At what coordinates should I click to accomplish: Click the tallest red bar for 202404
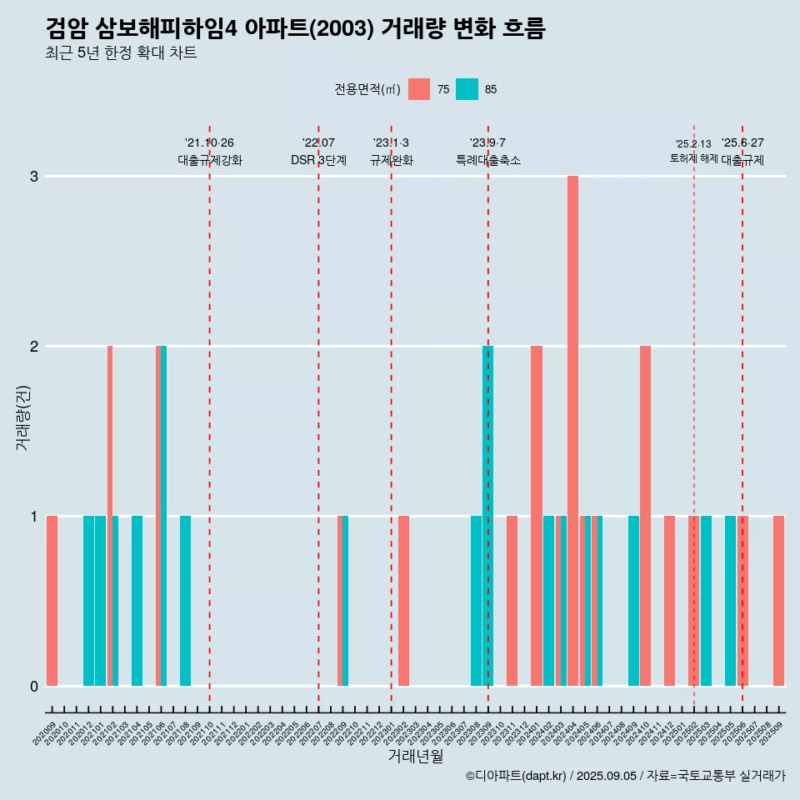[x=572, y=430]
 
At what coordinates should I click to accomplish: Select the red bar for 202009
[x=52, y=600]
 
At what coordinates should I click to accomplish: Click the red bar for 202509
[x=778, y=600]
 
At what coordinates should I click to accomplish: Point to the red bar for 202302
[x=403, y=600]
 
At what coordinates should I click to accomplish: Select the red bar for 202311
[x=512, y=600]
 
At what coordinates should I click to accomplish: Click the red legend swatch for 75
[x=419, y=89]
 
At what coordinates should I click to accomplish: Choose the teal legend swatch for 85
[x=467, y=89]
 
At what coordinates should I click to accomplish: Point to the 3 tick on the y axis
[x=34, y=177]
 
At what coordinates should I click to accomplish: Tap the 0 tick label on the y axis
[x=34, y=686]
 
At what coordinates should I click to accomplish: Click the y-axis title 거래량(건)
[x=22, y=417]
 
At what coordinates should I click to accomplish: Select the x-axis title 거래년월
[x=415, y=756]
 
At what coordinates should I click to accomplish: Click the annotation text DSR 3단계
[x=318, y=160]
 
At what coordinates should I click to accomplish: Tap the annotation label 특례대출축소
[x=488, y=160]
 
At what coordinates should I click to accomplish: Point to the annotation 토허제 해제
[x=693, y=158]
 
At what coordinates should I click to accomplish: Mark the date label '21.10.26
[x=209, y=143]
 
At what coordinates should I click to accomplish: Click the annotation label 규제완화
[x=392, y=160]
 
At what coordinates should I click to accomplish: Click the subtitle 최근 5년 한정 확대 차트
[x=121, y=53]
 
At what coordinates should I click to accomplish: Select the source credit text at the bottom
[x=625, y=776]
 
